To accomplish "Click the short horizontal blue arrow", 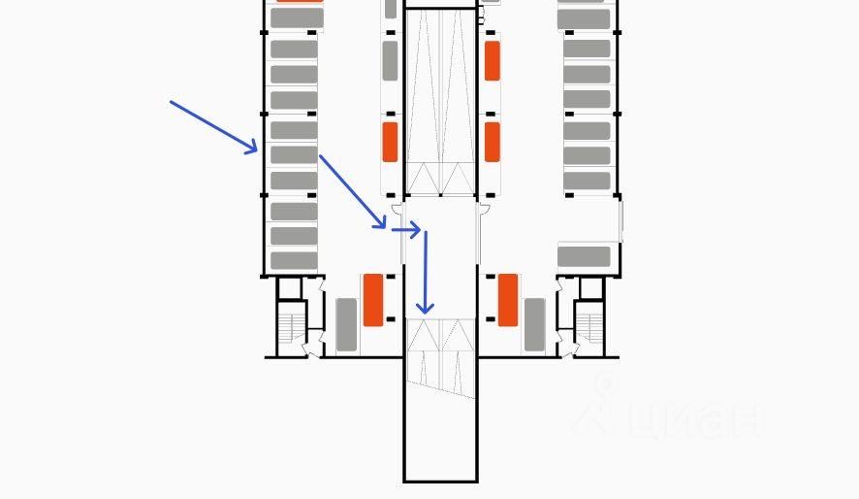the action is [405, 230].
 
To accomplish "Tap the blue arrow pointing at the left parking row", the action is [214, 126].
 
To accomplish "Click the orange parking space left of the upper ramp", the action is [390, 142].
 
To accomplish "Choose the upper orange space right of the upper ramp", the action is [493, 60].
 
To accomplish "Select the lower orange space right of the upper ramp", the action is [493, 142].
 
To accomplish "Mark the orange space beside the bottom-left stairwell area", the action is [373, 300].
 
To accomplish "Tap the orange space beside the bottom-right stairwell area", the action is [507, 300].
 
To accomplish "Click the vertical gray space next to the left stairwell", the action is [346, 325].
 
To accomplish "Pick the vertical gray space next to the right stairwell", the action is [534, 325].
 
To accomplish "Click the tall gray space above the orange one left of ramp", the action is [390, 60].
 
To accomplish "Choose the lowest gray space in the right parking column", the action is [585, 256].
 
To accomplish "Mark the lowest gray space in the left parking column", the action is [294, 260].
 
